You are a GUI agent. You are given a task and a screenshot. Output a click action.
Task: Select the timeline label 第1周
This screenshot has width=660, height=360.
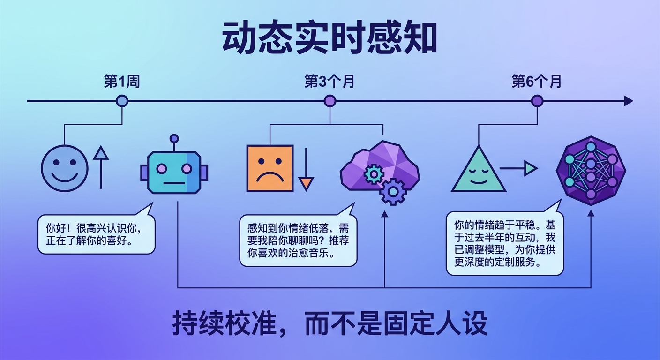(122, 82)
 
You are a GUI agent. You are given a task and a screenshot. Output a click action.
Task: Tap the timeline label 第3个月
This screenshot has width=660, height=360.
(330, 82)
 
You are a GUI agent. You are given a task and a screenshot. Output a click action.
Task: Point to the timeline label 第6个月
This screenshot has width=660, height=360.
(537, 82)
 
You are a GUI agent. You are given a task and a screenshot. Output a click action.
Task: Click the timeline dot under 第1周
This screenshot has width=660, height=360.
(122, 101)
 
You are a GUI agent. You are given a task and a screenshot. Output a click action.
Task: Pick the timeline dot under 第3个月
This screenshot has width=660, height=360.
(330, 101)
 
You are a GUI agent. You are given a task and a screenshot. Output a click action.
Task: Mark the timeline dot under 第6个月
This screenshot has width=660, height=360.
(537, 101)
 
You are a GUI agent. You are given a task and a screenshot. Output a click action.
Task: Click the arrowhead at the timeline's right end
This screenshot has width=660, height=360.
(628, 101)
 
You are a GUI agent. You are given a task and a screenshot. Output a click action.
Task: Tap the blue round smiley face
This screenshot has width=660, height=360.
(64, 167)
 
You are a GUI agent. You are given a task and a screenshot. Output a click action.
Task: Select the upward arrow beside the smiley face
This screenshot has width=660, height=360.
(100, 166)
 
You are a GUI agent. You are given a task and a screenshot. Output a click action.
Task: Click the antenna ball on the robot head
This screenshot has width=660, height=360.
(174, 138)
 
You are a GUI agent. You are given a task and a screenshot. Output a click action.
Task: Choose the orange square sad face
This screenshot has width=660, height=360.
(270, 168)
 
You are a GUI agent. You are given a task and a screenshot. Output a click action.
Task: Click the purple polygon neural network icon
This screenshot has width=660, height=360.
(591, 170)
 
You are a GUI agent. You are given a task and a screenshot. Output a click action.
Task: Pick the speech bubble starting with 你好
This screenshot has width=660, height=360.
(96, 235)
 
